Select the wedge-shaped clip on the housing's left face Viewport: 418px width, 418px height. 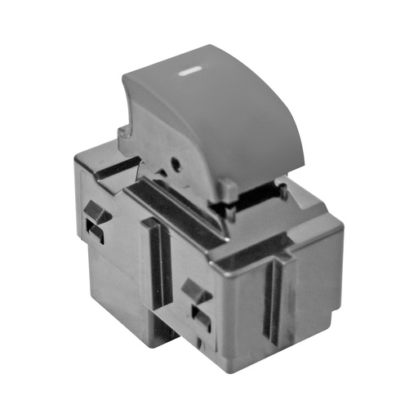click(96, 211)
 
